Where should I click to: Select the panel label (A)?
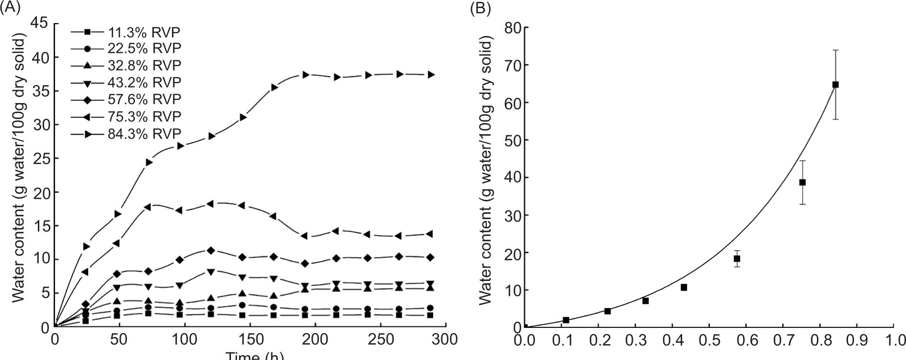pyautogui.click(x=11, y=8)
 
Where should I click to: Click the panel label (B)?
pyautogui.click(x=481, y=8)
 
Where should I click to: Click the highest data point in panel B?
pyautogui.click(x=835, y=84)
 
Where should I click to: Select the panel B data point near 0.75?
pyautogui.click(x=802, y=182)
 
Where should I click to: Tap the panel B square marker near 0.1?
pyautogui.click(x=566, y=320)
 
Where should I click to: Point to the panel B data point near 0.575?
pyautogui.click(x=737, y=258)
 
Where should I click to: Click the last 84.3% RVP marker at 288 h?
pyautogui.click(x=431, y=74)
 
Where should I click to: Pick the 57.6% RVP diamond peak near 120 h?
pyautogui.click(x=211, y=250)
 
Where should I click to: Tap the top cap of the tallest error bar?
pyautogui.click(x=835, y=50)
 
